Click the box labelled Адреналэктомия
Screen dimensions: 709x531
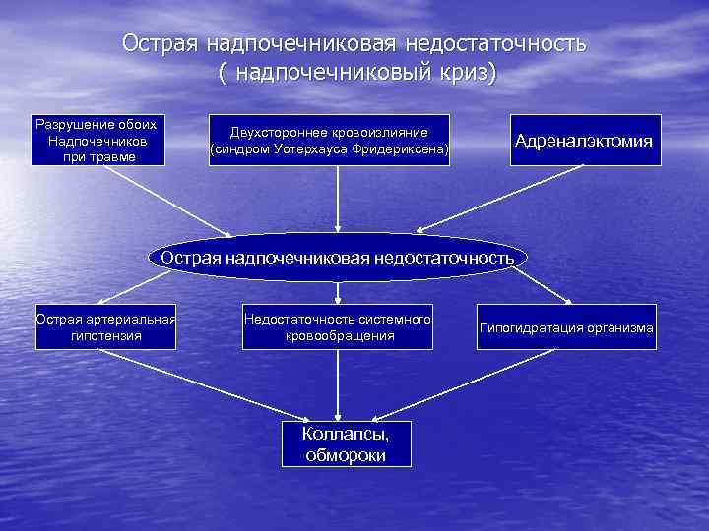click(584, 141)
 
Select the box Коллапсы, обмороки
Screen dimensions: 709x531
click(345, 443)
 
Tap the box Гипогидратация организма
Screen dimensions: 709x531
click(566, 327)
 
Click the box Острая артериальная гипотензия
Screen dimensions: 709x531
click(106, 327)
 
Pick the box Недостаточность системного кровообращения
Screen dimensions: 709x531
click(338, 327)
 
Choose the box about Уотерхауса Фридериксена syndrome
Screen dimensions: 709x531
click(329, 141)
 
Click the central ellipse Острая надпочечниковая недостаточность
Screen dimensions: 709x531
click(338, 258)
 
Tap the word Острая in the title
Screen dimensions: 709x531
click(159, 44)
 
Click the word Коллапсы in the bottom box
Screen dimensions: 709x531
click(345, 434)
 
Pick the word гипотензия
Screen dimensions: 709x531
click(106, 335)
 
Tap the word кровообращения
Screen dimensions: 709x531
click(338, 335)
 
